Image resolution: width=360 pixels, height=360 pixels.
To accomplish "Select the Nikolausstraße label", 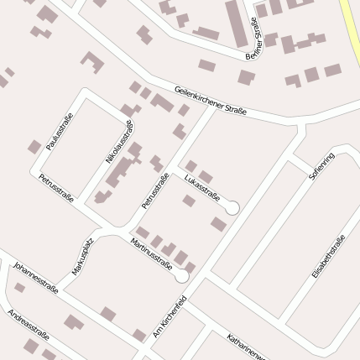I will [120, 142].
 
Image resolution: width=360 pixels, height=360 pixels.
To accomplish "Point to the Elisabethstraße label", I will [328, 258].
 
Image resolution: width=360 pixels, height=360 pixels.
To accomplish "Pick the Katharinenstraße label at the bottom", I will [245, 346].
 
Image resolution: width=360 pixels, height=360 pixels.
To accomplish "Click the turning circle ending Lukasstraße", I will [232, 207].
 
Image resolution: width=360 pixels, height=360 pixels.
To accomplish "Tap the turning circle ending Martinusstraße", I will [181, 275].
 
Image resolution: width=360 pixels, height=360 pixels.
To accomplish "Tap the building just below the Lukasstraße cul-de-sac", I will [219, 224].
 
